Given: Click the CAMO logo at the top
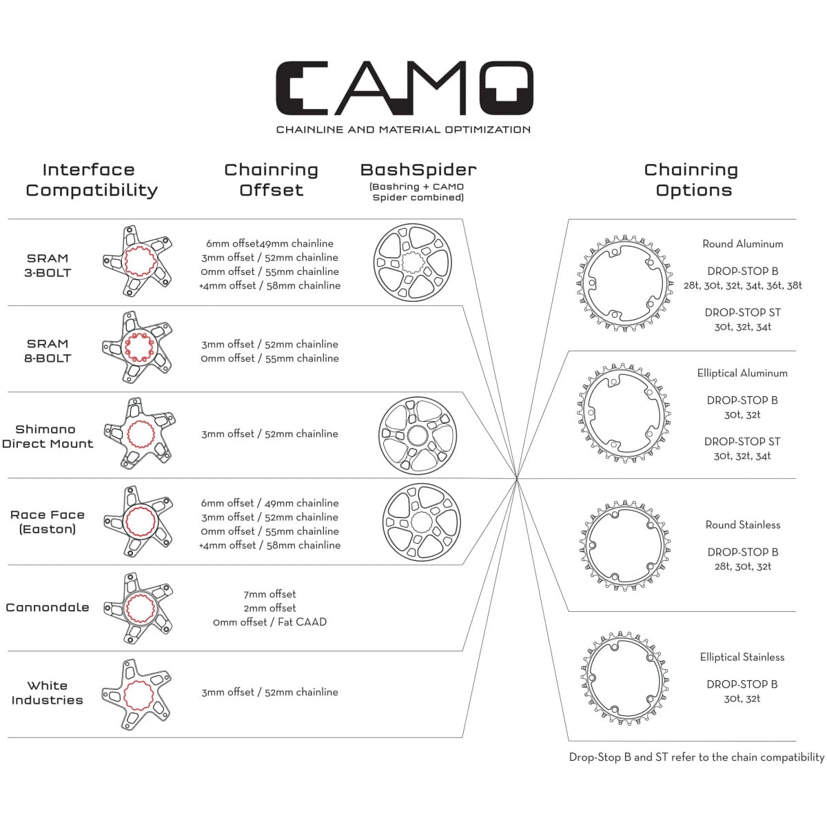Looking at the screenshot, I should pos(404,88).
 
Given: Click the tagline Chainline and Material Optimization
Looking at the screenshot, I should pos(403,130).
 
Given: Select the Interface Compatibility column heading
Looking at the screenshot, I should pos(91,180).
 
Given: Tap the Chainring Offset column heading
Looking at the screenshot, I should pos(271,180).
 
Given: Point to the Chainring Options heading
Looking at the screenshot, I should pos(691,180).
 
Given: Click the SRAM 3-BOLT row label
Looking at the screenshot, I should pos(48,265).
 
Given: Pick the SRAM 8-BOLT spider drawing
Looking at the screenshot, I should pos(137,347).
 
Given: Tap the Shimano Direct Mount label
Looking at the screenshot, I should pos(47,436).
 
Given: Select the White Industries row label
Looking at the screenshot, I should pos(47,693).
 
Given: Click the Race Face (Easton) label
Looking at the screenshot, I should pos(47,522).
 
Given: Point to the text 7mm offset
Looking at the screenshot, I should pos(269,594).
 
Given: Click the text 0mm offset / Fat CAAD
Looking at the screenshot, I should pos(269,622).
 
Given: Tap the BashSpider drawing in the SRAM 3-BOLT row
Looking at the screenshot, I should pos(412,263).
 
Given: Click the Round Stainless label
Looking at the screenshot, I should pos(742,525).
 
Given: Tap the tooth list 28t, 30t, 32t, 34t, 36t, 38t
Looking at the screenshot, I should pos(742,285).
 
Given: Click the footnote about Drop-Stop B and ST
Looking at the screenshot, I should pos(696,757).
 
